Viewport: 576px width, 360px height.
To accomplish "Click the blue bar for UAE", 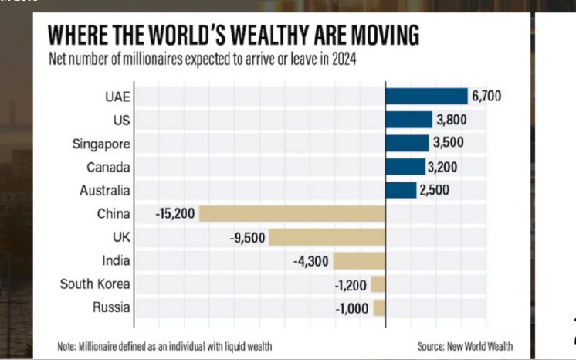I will (426, 96).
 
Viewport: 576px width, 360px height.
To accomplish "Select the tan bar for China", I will (292, 213).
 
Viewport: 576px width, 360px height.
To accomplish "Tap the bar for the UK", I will (327, 237).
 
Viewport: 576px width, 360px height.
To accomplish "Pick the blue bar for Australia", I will (400, 190).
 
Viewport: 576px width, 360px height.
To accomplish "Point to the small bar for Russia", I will (379, 307).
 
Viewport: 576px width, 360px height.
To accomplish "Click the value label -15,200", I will (176, 213).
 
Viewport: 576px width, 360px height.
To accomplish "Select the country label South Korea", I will (96, 284).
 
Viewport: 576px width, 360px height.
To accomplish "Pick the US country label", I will (122, 120).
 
